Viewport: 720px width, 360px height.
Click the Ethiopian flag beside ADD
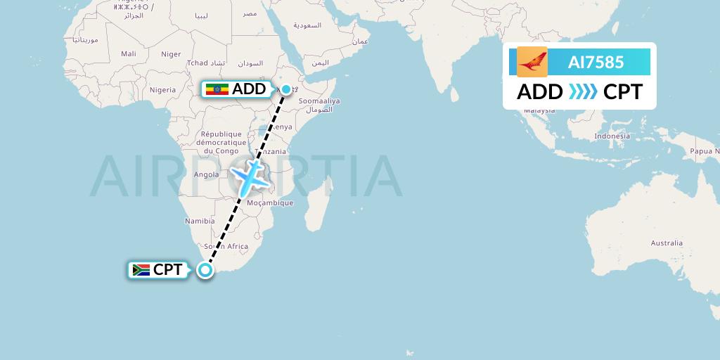(x=217, y=89)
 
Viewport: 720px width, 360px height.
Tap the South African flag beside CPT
(x=141, y=269)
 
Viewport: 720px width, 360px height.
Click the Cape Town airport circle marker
(x=205, y=269)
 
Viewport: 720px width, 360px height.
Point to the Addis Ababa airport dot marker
(x=286, y=89)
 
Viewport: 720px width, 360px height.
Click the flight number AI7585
(x=596, y=62)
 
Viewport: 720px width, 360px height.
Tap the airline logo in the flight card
(x=532, y=62)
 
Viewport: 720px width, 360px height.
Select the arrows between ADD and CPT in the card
(x=583, y=91)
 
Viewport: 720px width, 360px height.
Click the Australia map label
(x=666, y=243)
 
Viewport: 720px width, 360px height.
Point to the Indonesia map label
(x=612, y=136)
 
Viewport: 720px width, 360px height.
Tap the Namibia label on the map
(x=199, y=221)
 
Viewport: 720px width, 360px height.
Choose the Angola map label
(x=206, y=174)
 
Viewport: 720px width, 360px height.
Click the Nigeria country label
(x=162, y=90)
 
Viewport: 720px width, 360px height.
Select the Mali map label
(x=128, y=53)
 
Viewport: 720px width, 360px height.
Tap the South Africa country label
(x=226, y=247)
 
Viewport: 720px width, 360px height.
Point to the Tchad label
(x=198, y=63)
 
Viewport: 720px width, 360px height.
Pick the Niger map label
(x=171, y=54)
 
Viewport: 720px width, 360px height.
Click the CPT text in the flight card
(x=622, y=91)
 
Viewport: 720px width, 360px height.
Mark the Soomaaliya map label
(x=319, y=101)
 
